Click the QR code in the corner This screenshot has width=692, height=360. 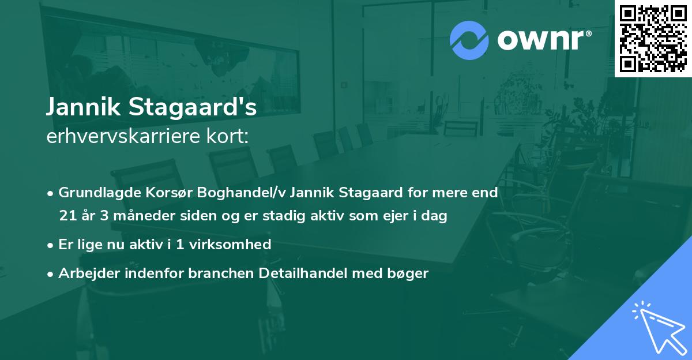point(653,39)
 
